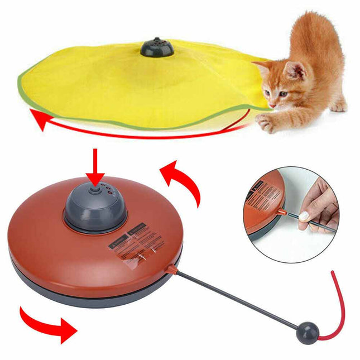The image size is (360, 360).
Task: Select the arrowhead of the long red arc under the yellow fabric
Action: pos(37,118)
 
